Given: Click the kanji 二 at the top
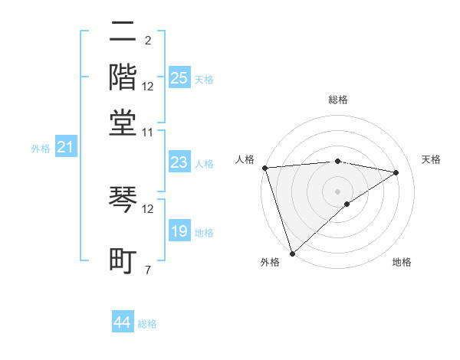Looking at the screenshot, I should click(123, 34).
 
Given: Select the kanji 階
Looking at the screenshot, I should click(123, 77).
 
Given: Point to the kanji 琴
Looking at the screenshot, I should click(123, 201).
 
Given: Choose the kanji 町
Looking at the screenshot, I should click(123, 260).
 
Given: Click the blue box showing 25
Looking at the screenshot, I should click(179, 78).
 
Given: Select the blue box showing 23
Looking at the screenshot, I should click(179, 162).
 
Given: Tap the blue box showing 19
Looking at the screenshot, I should click(179, 231).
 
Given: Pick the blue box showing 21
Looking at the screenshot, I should click(65, 147).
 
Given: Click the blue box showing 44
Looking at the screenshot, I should click(123, 322).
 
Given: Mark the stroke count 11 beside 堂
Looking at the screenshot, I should click(147, 133).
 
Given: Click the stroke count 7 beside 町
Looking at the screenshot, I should click(147, 270).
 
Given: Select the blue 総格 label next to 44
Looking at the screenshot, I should click(147, 324).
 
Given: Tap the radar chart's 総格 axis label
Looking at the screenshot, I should click(337, 100).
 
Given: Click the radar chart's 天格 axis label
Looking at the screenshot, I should click(431, 159).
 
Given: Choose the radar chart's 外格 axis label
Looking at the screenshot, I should click(270, 262).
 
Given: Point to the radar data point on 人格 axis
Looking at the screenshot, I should click(264, 168).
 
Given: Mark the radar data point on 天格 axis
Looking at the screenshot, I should click(396, 172).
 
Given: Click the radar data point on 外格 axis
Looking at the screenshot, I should click(292, 252).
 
